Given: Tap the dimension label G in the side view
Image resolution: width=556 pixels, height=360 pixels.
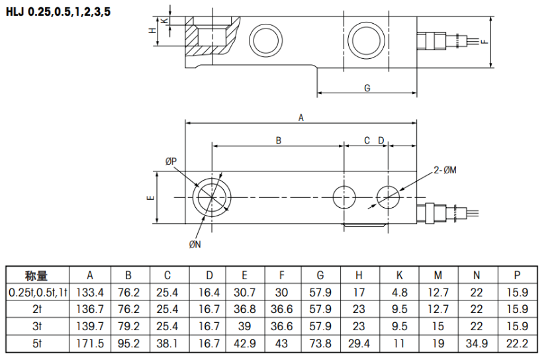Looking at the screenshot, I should (x=367, y=88).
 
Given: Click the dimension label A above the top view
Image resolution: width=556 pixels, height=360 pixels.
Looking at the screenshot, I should (x=301, y=118).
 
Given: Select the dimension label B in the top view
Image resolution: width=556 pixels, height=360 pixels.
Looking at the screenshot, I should (x=279, y=140).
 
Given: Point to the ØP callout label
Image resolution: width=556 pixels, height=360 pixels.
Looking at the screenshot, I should (x=171, y=161).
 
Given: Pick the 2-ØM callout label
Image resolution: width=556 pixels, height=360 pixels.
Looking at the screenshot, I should (x=445, y=170).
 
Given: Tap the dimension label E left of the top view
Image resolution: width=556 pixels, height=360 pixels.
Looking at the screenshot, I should (x=151, y=198).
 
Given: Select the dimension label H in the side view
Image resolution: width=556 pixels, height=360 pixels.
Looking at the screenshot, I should (x=152, y=30).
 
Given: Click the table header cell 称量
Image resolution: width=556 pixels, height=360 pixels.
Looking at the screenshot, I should (x=36, y=276).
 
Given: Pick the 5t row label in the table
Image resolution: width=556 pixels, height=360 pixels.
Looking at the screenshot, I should (x=36, y=343).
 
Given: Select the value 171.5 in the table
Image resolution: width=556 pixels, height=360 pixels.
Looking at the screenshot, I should (x=90, y=343).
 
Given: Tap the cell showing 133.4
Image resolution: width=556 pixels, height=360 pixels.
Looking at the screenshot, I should (x=90, y=292).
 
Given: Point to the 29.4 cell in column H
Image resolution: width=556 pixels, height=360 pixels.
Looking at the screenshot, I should (x=359, y=343).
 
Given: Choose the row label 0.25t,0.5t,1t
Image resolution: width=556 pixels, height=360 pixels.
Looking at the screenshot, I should (x=36, y=292).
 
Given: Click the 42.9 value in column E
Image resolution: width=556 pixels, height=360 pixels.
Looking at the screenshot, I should (x=245, y=343).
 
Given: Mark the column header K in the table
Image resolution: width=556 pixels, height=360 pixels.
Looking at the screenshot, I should (x=399, y=276).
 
